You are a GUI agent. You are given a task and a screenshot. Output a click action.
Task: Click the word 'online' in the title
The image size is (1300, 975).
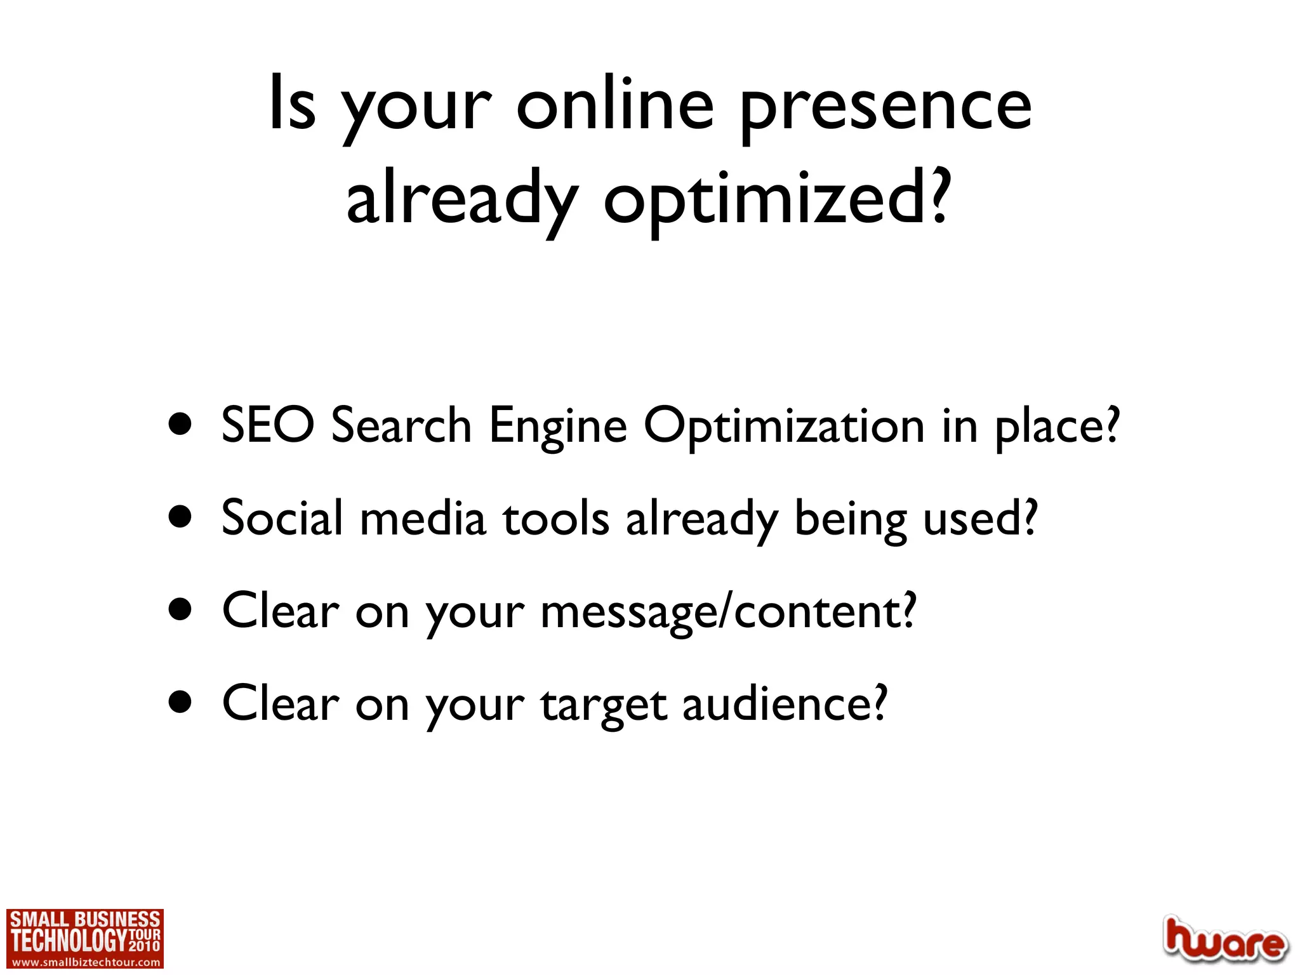pyautogui.click(x=614, y=105)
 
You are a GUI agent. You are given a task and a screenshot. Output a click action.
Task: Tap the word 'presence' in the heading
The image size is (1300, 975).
pyautogui.click(x=885, y=108)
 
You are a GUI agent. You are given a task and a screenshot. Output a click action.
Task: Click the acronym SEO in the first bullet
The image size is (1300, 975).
pyautogui.click(x=267, y=425)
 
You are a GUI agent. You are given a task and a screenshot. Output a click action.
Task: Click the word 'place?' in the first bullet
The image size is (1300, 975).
pyautogui.click(x=1056, y=427)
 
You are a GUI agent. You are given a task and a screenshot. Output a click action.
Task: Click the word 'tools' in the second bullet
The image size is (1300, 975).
pyautogui.click(x=557, y=519)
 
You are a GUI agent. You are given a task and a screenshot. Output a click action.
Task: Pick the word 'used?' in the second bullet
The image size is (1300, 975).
pyautogui.click(x=979, y=519)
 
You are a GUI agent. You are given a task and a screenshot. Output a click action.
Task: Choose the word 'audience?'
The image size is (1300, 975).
pyautogui.click(x=785, y=705)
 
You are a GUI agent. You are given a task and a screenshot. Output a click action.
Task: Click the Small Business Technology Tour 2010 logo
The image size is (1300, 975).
pyautogui.click(x=85, y=933)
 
